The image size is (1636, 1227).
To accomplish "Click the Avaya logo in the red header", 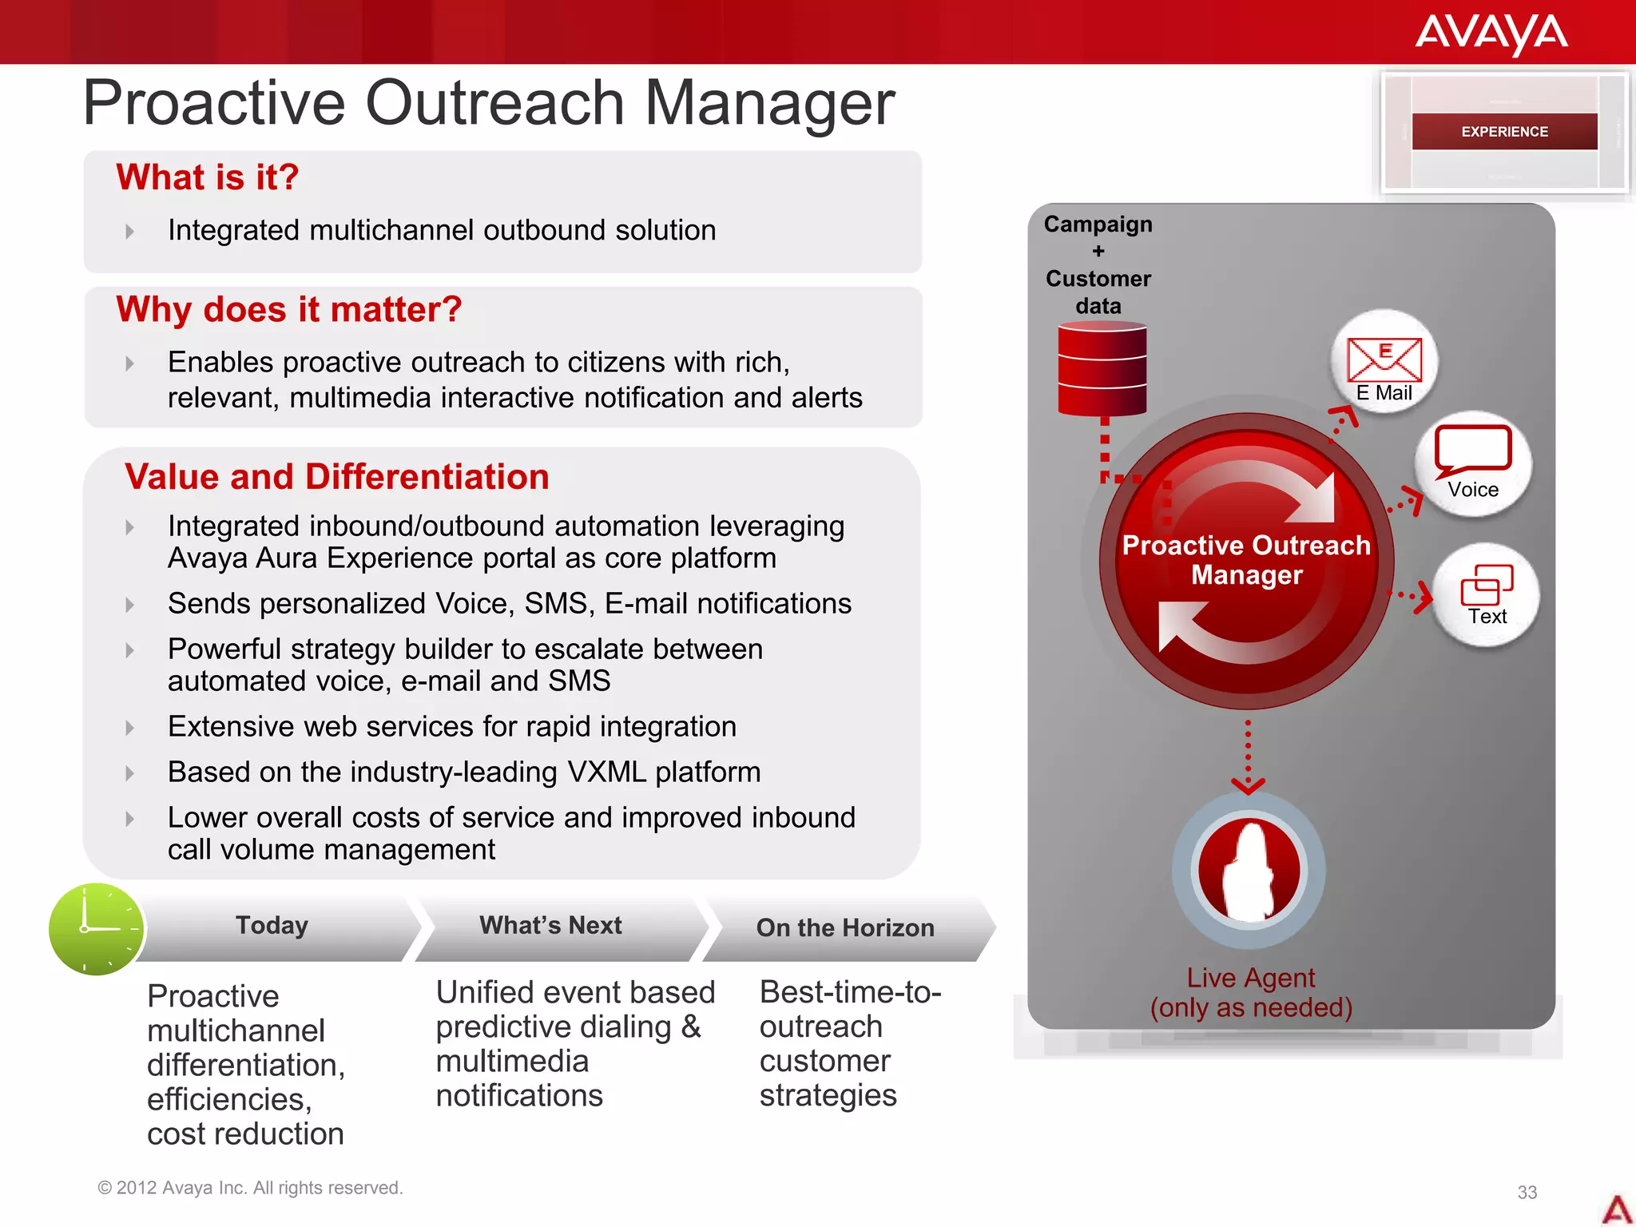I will (x=1491, y=34).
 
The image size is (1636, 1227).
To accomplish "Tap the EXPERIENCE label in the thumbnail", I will (x=1504, y=132).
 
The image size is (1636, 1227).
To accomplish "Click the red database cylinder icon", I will (x=1102, y=369).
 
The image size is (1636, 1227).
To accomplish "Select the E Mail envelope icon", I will (x=1384, y=359).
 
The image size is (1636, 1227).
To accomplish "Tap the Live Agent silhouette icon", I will (x=1249, y=871).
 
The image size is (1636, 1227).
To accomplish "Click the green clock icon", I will (x=97, y=929).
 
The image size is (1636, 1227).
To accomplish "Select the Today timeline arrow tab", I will (x=272, y=926).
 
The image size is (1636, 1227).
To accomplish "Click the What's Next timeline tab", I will (x=550, y=926).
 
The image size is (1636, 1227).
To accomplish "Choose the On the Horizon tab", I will (x=845, y=928).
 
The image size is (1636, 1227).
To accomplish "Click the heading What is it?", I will (x=208, y=177).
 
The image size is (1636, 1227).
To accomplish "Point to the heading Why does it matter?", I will (x=289, y=310).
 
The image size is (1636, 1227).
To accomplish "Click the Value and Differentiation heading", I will (x=337, y=477).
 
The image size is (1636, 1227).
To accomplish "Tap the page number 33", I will (x=1527, y=1193).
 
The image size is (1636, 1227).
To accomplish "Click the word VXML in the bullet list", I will (x=606, y=772).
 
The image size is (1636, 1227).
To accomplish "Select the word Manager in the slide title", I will (x=769, y=103).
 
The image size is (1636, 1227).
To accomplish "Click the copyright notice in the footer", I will (x=250, y=1188).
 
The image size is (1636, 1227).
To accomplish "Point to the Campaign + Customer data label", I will (x=1098, y=264).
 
